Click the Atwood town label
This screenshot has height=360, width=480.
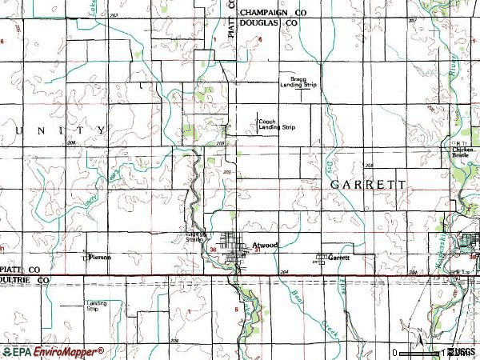[263, 246]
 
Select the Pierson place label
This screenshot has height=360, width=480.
[100, 258]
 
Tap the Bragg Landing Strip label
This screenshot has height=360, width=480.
[298, 84]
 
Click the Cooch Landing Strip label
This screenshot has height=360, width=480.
[276, 124]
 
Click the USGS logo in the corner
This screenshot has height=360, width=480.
[461, 352]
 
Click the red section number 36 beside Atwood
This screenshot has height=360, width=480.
[212, 250]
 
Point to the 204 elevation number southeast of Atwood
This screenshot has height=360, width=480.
[285, 273]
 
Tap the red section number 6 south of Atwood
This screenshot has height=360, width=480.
[237, 309]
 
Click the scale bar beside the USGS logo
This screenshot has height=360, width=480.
[419, 351]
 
